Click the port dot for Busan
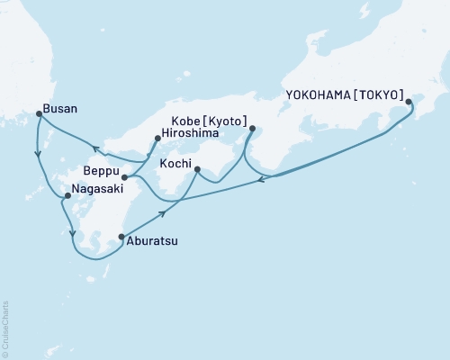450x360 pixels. pos(39,113)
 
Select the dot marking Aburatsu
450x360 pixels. pos(121,238)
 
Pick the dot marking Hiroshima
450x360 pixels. pos(157,139)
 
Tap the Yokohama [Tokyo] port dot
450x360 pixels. pos(409,102)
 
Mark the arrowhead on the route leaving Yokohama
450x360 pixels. pos(260,180)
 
